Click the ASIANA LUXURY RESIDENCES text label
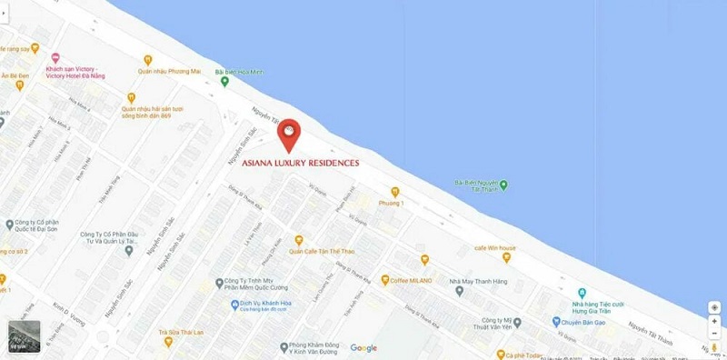click(x=306, y=164)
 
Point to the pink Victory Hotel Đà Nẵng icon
click(x=56, y=57)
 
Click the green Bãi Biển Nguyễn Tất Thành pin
click(x=503, y=185)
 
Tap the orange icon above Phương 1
click(x=394, y=192)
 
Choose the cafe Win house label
click(x=494, y=247)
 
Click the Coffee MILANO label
click(x=413, y=279)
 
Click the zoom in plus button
click(x=714, y=321)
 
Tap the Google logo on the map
click(x=363, y=347)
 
